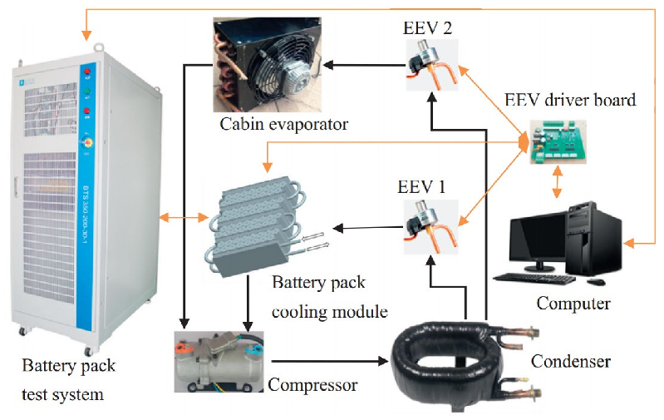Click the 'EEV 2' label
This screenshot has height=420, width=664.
tap(428, 26)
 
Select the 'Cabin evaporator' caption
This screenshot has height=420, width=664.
tap(283, 125)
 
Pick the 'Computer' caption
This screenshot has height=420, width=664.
tap(573, 303)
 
